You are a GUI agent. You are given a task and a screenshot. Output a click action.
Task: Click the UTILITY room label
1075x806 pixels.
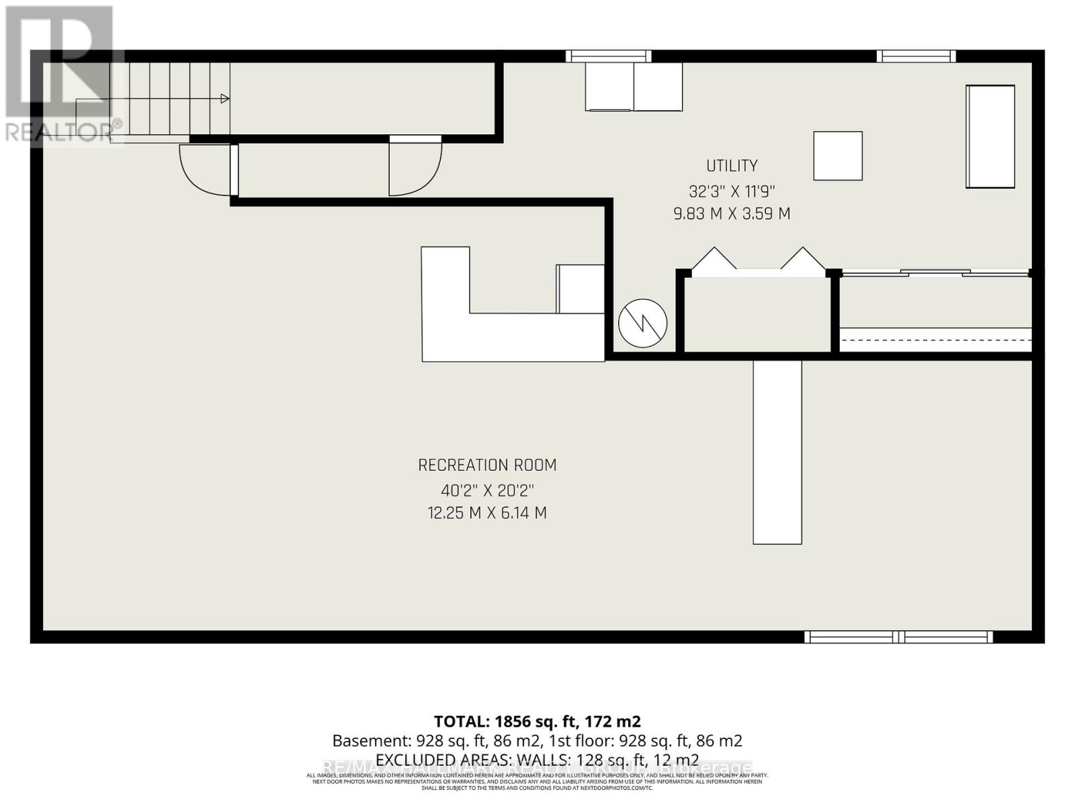(732, 165)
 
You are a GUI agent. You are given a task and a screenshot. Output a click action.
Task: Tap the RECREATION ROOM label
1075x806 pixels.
(487, 465)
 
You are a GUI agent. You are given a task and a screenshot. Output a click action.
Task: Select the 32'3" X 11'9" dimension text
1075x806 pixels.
(732, 191)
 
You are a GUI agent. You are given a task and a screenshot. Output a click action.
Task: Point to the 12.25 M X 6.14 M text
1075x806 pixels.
(487, 513)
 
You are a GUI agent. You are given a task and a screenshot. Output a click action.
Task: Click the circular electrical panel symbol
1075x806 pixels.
(642, 323)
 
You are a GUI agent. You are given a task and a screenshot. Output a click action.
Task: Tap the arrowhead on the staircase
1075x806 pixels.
(225, 99)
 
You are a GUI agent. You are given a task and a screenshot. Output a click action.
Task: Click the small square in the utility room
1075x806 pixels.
(838, 156)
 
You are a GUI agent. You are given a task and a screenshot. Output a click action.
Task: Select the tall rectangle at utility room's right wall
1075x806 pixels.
(990, 137)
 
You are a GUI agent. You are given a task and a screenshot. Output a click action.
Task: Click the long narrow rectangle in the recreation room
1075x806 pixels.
(777, 452)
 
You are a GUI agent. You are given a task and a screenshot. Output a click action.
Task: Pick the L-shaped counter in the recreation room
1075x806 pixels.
(470, 336)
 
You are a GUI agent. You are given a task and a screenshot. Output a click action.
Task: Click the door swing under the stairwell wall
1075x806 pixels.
(415, 168)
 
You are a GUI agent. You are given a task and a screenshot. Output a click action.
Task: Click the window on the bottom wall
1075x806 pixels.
(898, 637)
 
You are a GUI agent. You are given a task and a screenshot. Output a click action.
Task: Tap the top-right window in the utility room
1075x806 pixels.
(916, 56)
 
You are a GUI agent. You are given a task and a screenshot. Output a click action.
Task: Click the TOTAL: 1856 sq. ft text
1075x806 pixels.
(537, 721)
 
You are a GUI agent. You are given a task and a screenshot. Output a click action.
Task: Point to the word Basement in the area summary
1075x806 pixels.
(369, 741)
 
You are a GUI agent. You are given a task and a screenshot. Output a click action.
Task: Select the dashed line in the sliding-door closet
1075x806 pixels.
(935, 340)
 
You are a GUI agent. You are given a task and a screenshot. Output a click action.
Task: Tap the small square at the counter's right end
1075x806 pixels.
(580, 289)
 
